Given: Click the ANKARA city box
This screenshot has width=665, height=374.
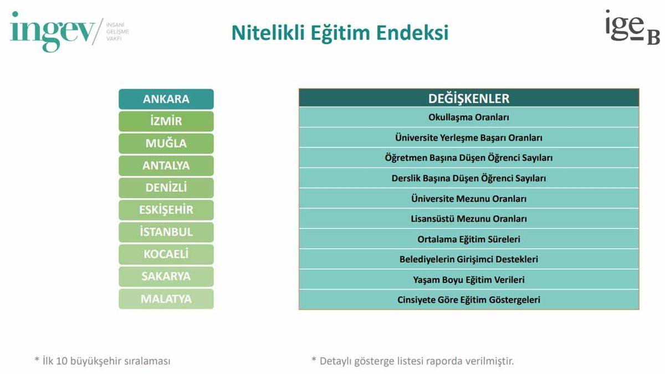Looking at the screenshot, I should click(x=166, y=99).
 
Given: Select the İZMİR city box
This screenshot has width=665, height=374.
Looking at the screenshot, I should click(x=166, y=121).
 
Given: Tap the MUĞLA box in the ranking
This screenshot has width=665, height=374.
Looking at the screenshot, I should click(x=166, y=144).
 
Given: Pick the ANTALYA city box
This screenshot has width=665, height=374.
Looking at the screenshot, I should click(x=166, y=166).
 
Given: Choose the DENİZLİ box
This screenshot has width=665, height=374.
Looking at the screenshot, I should click(x=166, y=188).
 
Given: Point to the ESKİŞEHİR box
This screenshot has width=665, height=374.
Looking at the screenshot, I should click(x=166, y=210).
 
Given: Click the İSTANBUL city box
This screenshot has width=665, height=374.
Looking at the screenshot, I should click(x=166, y=232).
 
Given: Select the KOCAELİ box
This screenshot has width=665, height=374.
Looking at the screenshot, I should click(x=166, y=254).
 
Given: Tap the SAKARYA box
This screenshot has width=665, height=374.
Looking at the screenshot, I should click(x=166, y=276).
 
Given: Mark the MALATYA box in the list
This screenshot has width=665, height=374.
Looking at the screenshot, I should click(x=166, y=299).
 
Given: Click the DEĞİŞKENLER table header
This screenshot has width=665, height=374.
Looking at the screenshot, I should click(x=469, y=99).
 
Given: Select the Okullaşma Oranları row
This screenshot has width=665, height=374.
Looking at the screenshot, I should click(x=469, y=117).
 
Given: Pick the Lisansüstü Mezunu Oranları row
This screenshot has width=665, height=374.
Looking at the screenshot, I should click(x=469, y=219).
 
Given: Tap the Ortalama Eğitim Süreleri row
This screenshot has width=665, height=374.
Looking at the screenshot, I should click(x=469, y=239).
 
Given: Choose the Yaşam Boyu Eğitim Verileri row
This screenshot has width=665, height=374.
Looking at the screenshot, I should click(x=469, y=280).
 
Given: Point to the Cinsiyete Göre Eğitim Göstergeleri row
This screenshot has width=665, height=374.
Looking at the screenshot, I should click(x=469, y=300).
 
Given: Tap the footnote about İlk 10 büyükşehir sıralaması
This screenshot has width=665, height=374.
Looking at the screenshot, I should click(x=103, y=361).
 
